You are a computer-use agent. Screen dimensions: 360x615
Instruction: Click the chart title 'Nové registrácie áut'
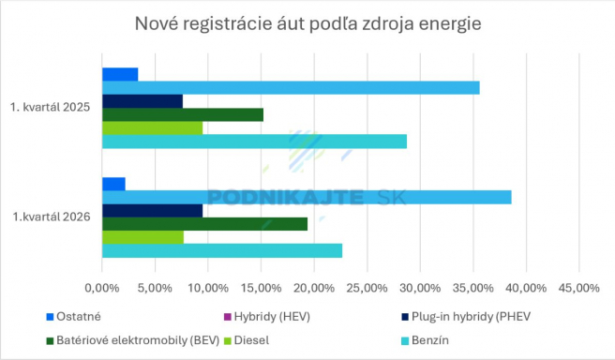click(307, 22)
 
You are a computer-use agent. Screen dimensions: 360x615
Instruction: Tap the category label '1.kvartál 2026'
click(52, 217)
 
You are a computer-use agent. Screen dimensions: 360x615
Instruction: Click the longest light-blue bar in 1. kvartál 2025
click(291, 88)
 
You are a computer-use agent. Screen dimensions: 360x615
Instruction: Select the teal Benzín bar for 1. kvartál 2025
click(254, 142)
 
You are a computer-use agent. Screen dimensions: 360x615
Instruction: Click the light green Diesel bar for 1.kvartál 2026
click(142, 237)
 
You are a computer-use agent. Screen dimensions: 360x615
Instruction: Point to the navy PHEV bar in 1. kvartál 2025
click(142, 101)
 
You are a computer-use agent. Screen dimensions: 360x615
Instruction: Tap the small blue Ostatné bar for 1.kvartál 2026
click(113, 184)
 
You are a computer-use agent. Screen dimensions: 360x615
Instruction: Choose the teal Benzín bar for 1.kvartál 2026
click(221, 251)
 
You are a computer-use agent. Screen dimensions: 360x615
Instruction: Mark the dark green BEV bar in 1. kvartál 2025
click(183, 115)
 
